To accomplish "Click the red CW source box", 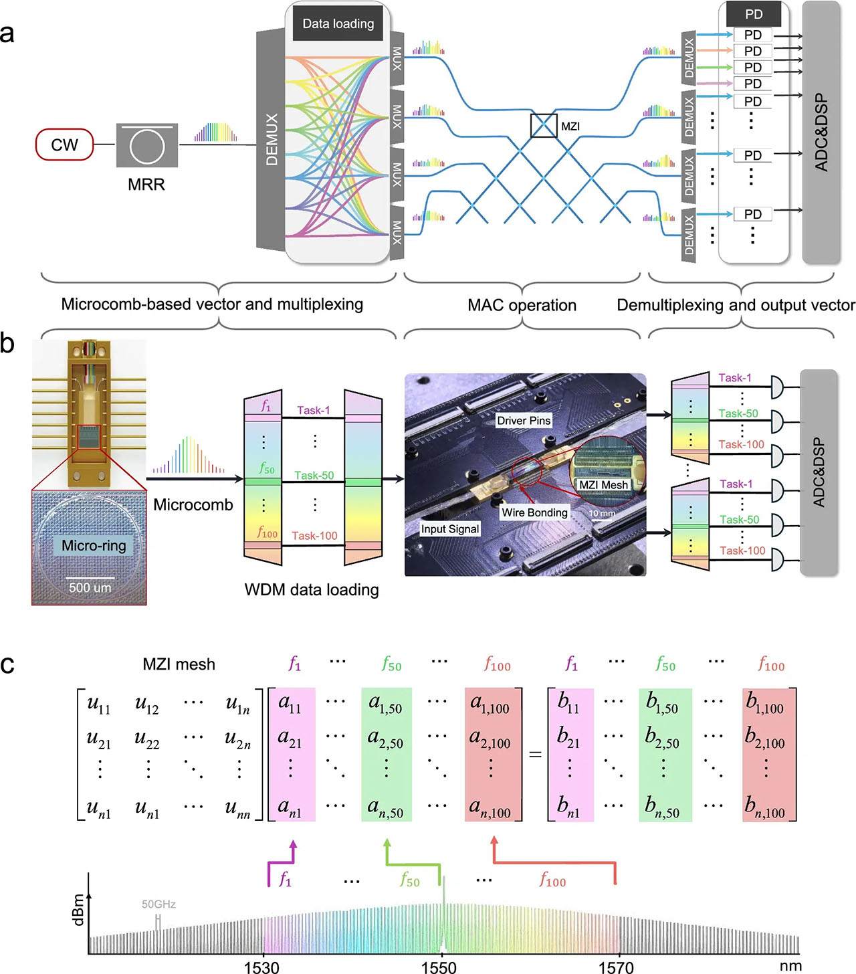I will click(64, 145).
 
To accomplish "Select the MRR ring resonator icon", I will click(146, 145).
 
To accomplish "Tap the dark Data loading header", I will click(338, 24).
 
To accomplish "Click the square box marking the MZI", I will click(543, 126).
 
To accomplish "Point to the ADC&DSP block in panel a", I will click(821, 132).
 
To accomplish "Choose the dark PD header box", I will click(754, 14).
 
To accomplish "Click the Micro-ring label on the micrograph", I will click(94, 545).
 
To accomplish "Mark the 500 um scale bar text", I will click(90, 588).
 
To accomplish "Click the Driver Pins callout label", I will click(524, 421).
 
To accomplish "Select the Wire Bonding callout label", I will click(534, 512).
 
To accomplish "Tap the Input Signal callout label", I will click(450, 529).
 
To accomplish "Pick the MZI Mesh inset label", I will click(603, 485).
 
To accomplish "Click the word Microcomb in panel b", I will click(193, 504).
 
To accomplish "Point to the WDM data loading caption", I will click(312, 589).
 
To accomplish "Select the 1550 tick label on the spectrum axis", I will click(439, 966).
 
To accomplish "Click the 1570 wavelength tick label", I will click(616, 966).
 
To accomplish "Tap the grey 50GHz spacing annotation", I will click(158, 904).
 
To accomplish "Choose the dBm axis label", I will click(78, 910).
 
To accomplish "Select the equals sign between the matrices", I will click(535, 755).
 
